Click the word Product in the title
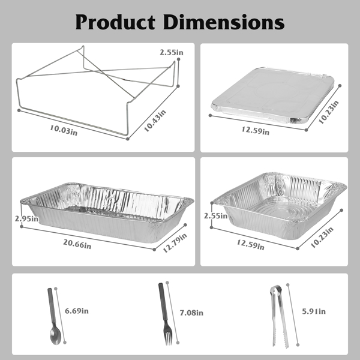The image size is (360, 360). (115, 22)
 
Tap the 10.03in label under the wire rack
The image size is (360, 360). (64, 130)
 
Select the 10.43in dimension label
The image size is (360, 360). (155, 121)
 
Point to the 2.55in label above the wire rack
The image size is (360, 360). (172, 52)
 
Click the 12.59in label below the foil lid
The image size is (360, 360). (256, 130)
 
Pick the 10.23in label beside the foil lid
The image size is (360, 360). (329, 112)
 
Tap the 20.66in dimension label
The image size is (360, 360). (77, 244)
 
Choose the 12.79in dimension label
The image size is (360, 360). (175, 242)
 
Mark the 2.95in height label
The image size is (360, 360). (26, 218)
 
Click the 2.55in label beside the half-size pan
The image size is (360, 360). (216, 216)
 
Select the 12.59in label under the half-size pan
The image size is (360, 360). (250, 245)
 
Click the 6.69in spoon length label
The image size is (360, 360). (77, 311)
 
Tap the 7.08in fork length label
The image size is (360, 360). (191, 313)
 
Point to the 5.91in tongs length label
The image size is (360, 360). (314, 311)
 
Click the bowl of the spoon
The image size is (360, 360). (55, 335)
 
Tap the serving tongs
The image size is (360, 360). (279, 317)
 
